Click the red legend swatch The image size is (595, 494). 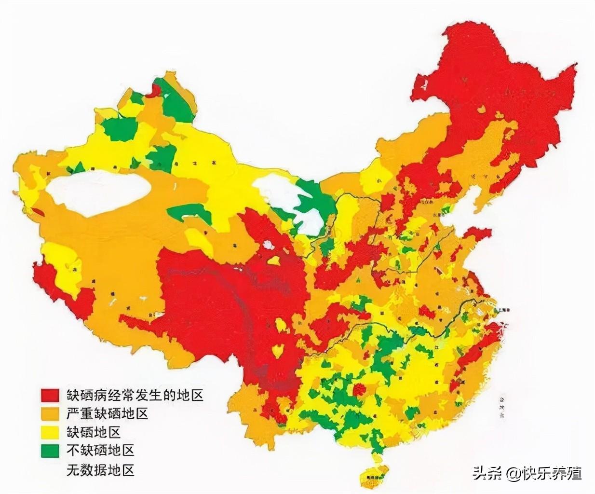tap(50, 395)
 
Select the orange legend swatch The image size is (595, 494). tap(50, 413)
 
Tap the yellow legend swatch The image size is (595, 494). tap(50, 432)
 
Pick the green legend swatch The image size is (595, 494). tap(50, 450)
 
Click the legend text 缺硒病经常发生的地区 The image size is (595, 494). tap(135, 395)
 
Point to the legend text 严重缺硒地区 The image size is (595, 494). tap(107, 413)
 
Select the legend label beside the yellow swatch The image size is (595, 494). tap(93, 432)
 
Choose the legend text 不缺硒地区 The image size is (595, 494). tap(100, 450)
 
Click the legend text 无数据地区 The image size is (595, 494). tap(100, 469)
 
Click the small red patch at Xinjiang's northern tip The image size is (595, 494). tap(155, 90)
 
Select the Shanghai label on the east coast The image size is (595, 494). tap(501, 310)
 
